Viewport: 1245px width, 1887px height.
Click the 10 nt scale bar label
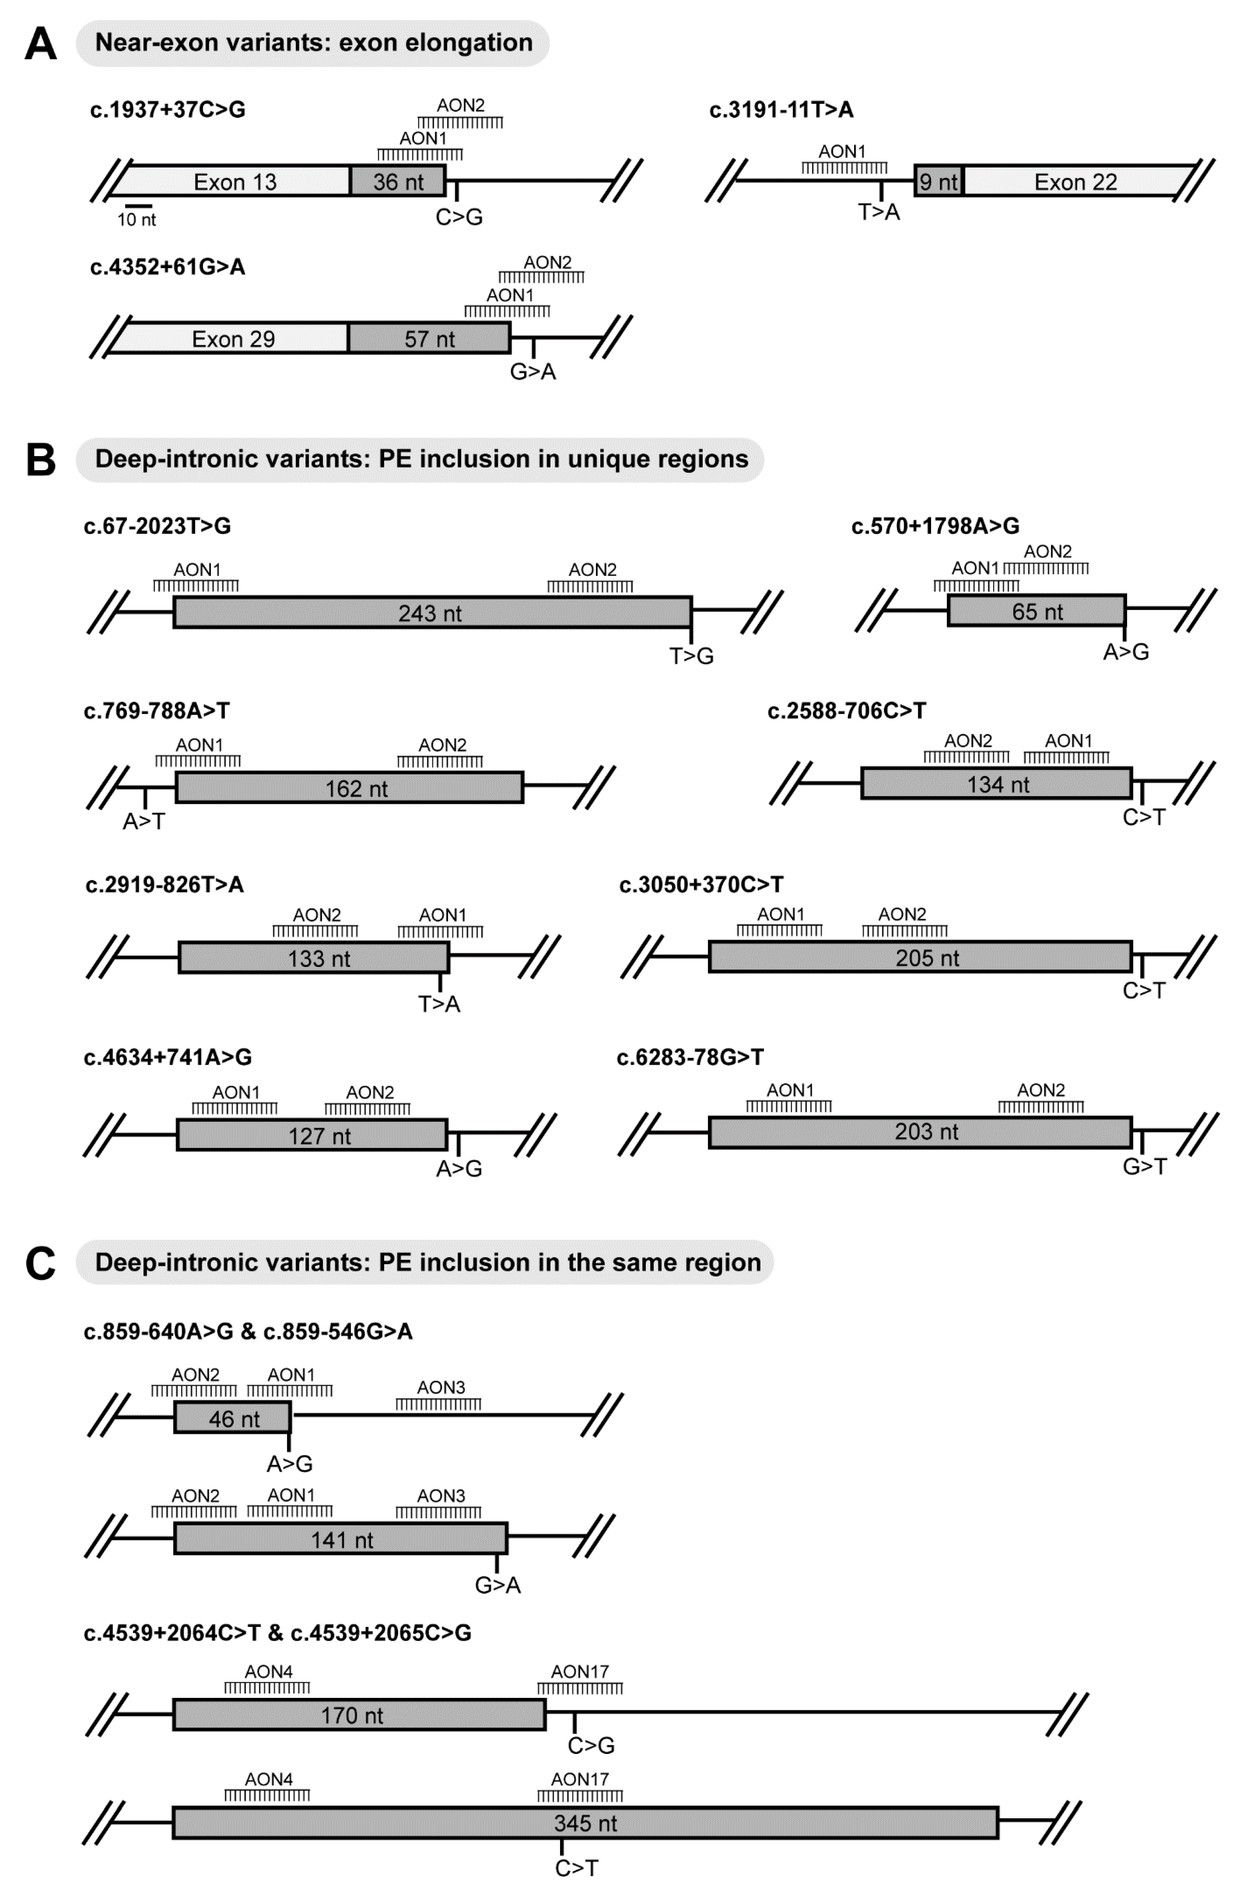137,220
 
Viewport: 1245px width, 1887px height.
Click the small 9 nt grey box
938,182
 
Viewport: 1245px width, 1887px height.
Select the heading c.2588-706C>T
846,711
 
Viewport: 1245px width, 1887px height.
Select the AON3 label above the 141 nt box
441,1495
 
